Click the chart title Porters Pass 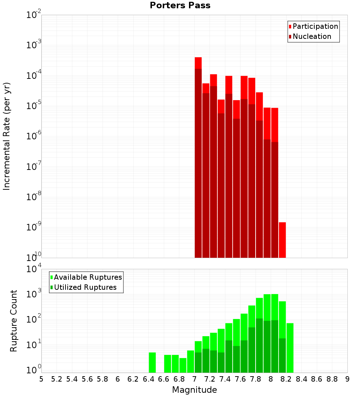[x=180, y=5]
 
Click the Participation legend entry [x=315, y=27]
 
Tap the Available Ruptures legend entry [x=87, y=277]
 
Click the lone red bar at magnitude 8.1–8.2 [x=282, y=240]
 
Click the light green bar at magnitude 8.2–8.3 [x=290, y=348]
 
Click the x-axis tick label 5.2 [x=57, y=379]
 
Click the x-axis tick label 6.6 [x=164, y=379]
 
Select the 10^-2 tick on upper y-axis [x=34, y=15]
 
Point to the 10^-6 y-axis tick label [x=34, y=136]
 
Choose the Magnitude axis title [x=194, y=390]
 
